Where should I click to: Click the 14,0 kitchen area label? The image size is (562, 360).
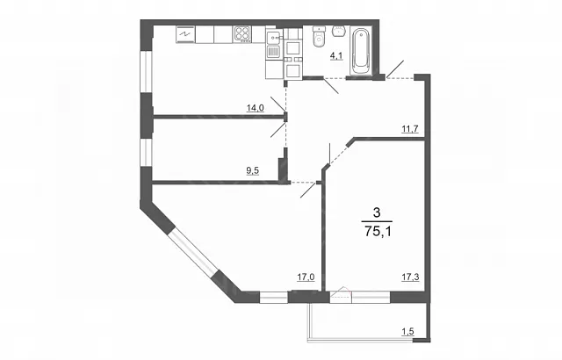[256, 107]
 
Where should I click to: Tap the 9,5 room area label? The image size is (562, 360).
[252, 170]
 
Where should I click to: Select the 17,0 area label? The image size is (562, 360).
[306, 277]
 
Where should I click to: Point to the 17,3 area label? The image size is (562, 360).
[410, 277]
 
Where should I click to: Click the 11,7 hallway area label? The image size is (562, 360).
[410, 128]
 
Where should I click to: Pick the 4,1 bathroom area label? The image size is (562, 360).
[336, 55]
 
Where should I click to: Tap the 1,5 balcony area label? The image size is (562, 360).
[407, 332]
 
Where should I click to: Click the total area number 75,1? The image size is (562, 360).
[378, 232]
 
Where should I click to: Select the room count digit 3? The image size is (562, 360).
[377, 213]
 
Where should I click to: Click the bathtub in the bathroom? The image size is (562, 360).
[361, 51]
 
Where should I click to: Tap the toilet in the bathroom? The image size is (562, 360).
[318, 36]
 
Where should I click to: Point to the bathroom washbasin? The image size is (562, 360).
[339, 31]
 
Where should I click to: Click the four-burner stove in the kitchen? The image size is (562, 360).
[242, 35]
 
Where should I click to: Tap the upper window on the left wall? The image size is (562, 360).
[147, 72]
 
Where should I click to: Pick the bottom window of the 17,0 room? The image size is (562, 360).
[273, 298]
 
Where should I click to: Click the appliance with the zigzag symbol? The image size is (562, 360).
[185, 34]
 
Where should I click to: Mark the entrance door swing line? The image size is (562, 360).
[395, 69]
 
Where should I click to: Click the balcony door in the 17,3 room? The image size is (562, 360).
[341, 296]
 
